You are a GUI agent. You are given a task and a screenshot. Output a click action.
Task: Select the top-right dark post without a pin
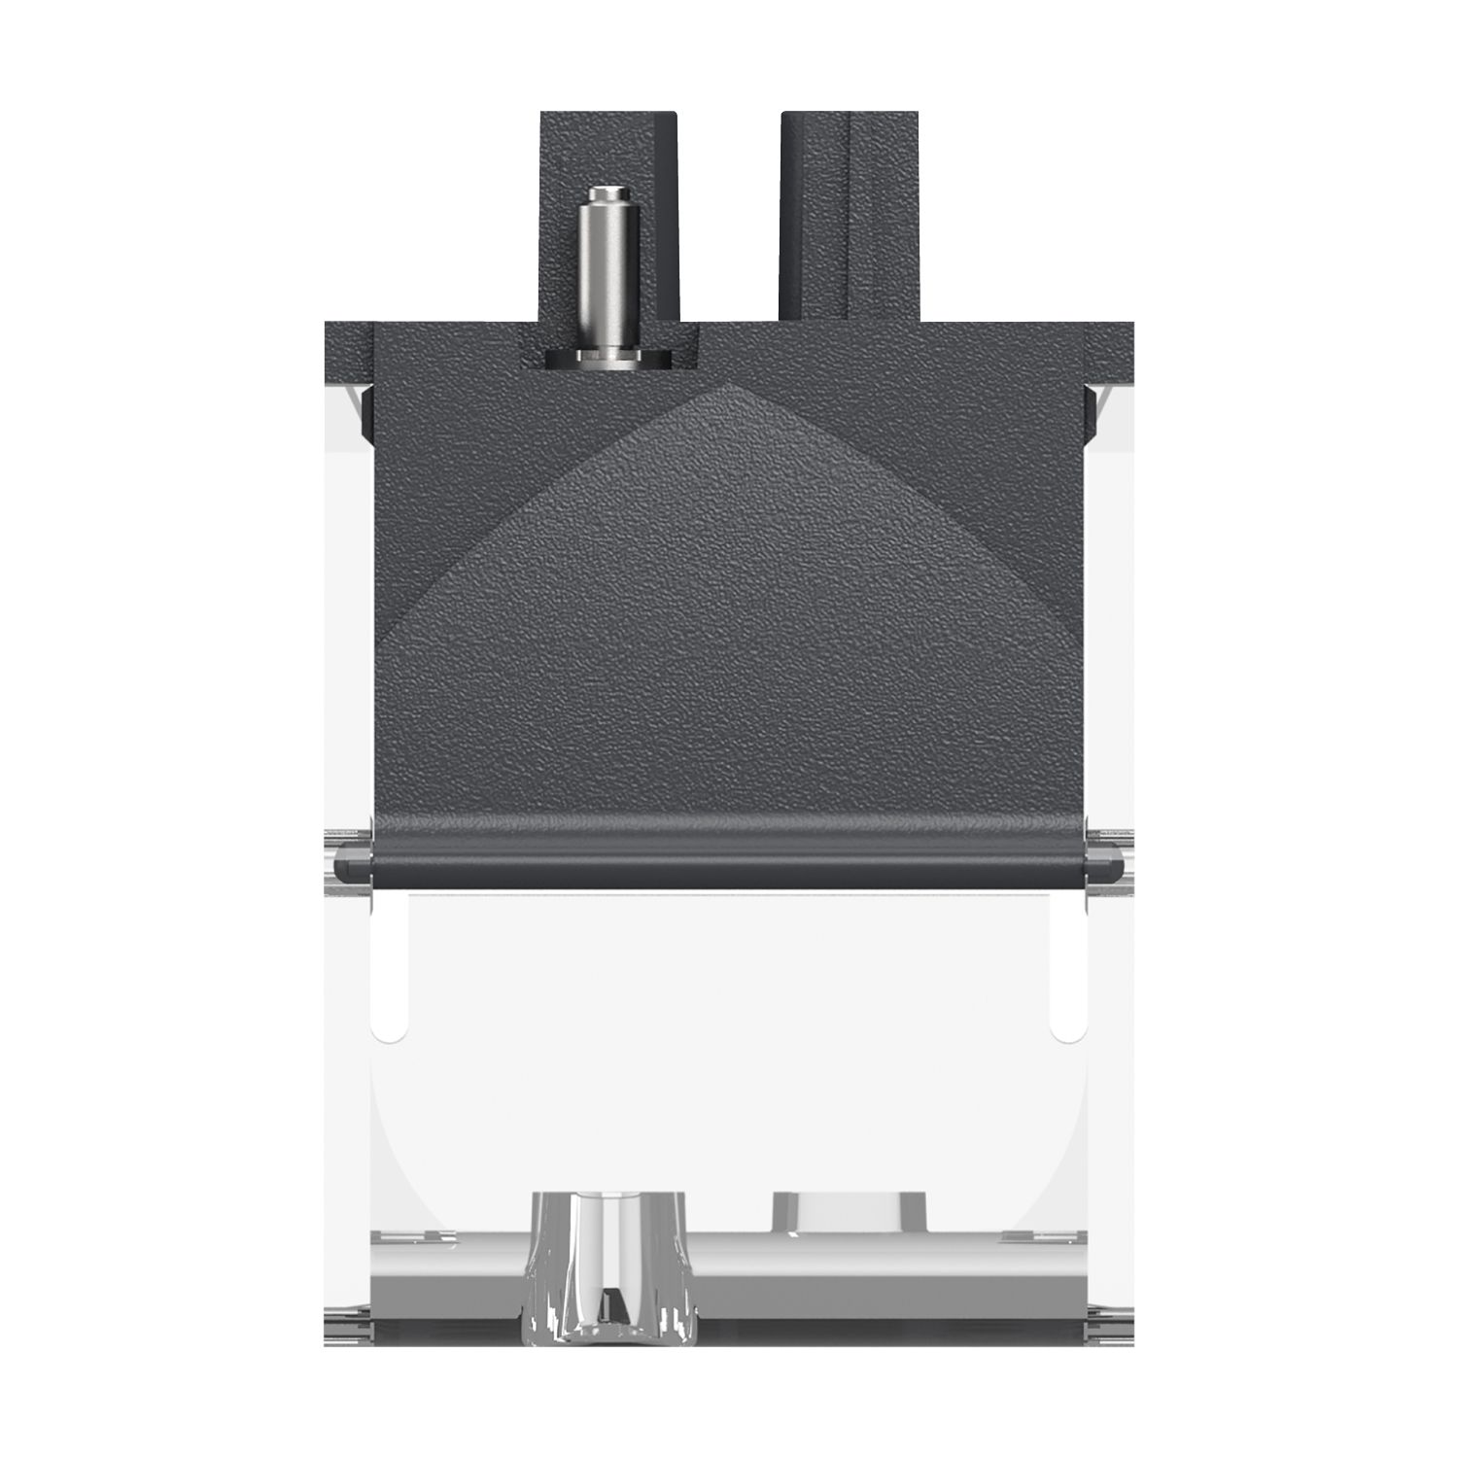pos(850,214)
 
